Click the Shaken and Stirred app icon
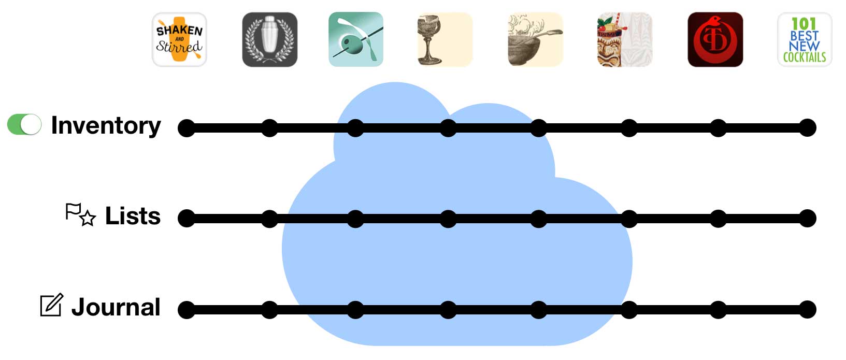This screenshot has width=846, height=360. click(x=179, y=40)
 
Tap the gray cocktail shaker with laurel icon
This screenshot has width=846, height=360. click(x=270, y=40)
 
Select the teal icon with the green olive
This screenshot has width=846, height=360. click(x=356, y=40)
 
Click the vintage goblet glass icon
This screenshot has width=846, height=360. click(x=445, y=40)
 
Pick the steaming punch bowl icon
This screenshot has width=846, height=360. click(x=536, y=40)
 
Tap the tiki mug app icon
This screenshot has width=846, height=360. click(x=625, y=40)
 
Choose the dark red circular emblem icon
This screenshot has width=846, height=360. click(x=715, y=40)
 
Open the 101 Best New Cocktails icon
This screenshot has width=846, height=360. click(x=805, y=40)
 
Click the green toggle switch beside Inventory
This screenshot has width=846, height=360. click(x=24, y=124)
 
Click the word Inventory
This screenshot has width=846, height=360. click(x=106, y=126)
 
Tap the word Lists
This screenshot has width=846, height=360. click(x=133, y=216)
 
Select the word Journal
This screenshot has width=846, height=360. click(x=116, y=307)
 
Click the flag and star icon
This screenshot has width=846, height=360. click(x=80, y=214)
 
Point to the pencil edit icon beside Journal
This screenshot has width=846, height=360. click(x=52, y=305)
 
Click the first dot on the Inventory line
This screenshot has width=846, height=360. click(x=187, y=128)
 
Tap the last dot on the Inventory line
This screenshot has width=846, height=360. click(x=808, y=127)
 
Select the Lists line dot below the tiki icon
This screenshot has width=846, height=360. click(x=629, y=219)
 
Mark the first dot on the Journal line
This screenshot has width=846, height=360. click(x=187, y=310)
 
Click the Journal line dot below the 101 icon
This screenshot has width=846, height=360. click(x=808, y=310)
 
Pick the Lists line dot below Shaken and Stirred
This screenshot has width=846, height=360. click(x=187, y=219)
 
